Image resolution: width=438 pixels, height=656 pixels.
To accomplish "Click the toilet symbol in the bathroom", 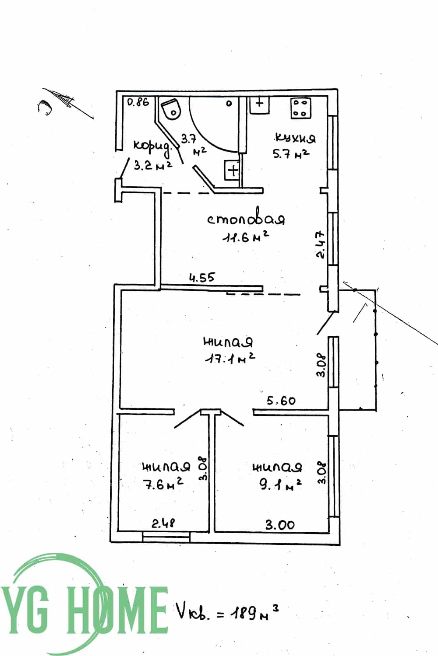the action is point(172,108).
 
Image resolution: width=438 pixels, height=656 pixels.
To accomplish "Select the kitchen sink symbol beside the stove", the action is point(259,105).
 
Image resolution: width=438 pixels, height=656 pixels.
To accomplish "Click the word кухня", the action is point(295,138).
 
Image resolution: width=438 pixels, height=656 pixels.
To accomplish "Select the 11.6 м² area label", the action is point(246,237).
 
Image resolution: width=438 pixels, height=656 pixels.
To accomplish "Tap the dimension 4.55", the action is point(202,278).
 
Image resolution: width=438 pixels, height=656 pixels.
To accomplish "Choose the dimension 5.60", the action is point(281,401).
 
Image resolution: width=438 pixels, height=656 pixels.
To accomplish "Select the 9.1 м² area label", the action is point(280,485).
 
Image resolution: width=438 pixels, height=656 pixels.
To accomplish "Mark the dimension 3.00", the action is point(280,525).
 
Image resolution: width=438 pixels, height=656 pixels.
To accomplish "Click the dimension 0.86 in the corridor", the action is point(138,102).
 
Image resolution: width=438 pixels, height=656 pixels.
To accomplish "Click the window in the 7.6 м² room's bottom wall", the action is point(166,537).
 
